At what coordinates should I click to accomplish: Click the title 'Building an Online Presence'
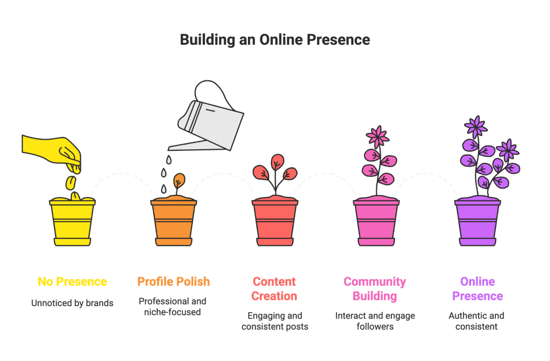point(275,40)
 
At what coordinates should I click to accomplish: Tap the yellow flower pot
point(72,222)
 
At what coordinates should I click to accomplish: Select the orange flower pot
point(173,222)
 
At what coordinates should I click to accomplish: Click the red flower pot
point(275,222)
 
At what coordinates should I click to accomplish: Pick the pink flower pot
point(376,222)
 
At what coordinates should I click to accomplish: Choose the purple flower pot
point(477,222)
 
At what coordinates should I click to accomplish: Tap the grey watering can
point(212,122)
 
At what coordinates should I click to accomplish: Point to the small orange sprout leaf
point(179,180)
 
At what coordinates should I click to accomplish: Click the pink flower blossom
point(377,135)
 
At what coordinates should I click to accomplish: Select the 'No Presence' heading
point(72,281)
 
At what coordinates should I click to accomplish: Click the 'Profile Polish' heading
point(173,281)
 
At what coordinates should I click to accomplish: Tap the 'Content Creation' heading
point(274,289)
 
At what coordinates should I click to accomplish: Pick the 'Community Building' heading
point(375,289)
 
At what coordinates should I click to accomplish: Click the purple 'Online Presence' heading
point(477,289)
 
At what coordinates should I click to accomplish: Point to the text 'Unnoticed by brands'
point(72,303)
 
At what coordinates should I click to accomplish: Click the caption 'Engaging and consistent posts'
point(275,321)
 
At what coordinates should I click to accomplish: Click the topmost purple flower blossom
point(476,126)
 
